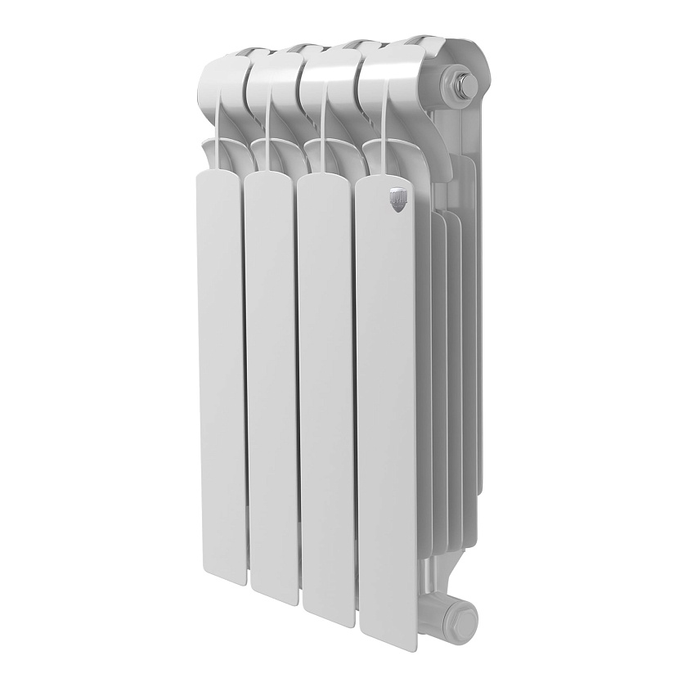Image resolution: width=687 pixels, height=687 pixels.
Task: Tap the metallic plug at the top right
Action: coord(458,83)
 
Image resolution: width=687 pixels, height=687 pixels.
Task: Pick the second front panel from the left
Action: coord(272,384)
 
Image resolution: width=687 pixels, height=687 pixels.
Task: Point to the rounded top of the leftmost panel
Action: coord(218,178)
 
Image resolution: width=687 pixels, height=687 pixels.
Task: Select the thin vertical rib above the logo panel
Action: coord(382,123)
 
